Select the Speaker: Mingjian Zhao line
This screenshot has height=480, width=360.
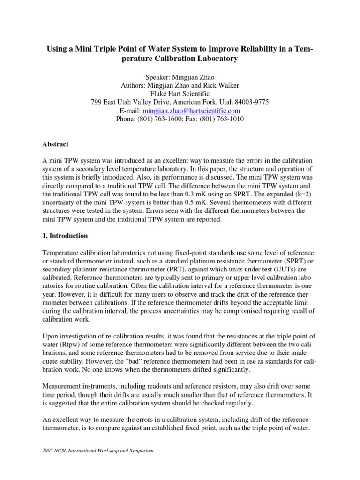180,76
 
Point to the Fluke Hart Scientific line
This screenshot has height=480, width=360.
180,93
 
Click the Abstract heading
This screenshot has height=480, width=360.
56,144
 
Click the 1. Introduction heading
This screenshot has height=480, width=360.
65,236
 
